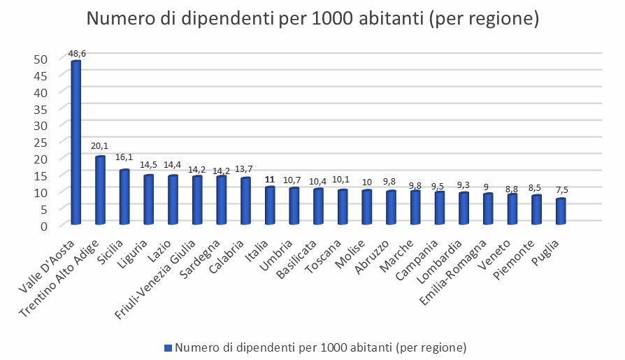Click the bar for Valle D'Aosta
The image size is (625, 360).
click(x=76, y=143)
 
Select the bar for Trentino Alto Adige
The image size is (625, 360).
click(x=100, y=190)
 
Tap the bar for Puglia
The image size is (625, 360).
click(x=561, y=212)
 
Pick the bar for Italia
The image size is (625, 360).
click(x=270, y=206)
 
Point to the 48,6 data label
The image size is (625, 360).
click(x=77, y=53)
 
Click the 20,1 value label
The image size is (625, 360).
click(x=100, y=146)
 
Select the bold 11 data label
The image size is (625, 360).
click(x=270, y=179)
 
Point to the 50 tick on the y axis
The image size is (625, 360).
click(x=41, y=59)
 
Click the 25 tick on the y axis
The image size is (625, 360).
click(x=41, y=142)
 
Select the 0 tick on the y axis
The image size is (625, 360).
click(x=45, y=225)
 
